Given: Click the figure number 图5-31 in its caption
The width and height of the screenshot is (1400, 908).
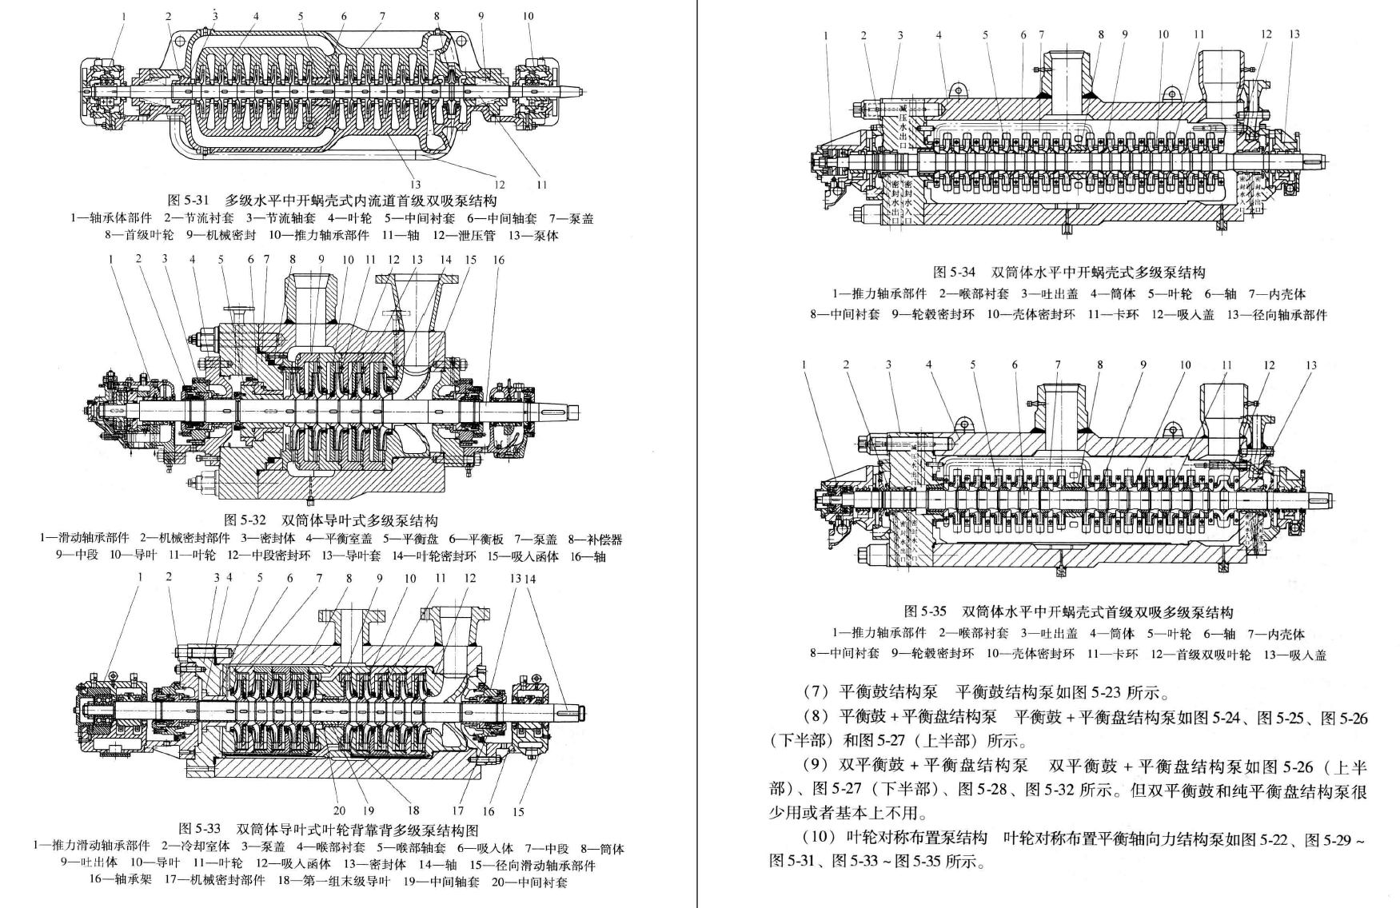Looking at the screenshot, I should tap(188, 201).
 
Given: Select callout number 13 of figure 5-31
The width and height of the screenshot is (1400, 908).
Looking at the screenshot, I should tap(415, 185).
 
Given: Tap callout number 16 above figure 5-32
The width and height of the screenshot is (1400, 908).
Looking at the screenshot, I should tap(498, 260).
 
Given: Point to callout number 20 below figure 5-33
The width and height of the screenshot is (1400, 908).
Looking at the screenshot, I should tap(340, 811).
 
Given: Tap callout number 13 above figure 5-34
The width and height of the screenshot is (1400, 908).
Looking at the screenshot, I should tap(1294, 34).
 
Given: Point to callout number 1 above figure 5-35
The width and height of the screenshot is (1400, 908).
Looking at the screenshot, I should tap(804, 365).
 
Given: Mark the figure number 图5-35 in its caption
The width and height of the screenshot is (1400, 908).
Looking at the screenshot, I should tap(925, 612).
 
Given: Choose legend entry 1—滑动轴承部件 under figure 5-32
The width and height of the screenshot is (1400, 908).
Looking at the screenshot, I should tap(84, 540).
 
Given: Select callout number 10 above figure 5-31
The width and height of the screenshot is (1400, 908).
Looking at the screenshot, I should tap(528, 17).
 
